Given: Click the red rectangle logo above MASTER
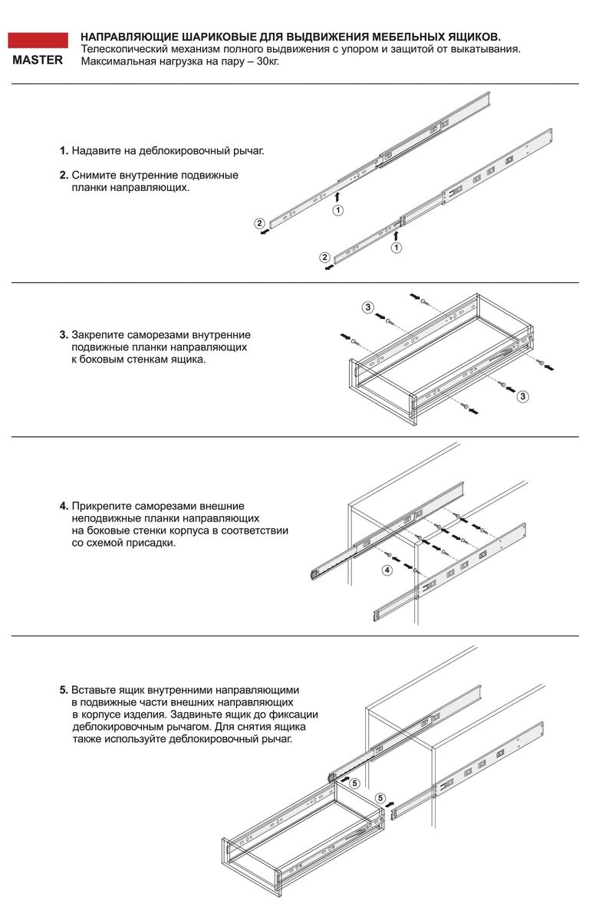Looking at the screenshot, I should (38, 41).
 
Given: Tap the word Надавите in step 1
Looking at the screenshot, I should (96, 151).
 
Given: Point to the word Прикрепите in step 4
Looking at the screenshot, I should (103, 507).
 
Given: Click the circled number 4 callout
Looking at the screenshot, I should (387, 570).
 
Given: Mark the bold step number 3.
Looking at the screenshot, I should (64, 335).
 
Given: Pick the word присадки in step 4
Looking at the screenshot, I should (152, 544).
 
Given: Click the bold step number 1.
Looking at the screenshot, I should (64, 151).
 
